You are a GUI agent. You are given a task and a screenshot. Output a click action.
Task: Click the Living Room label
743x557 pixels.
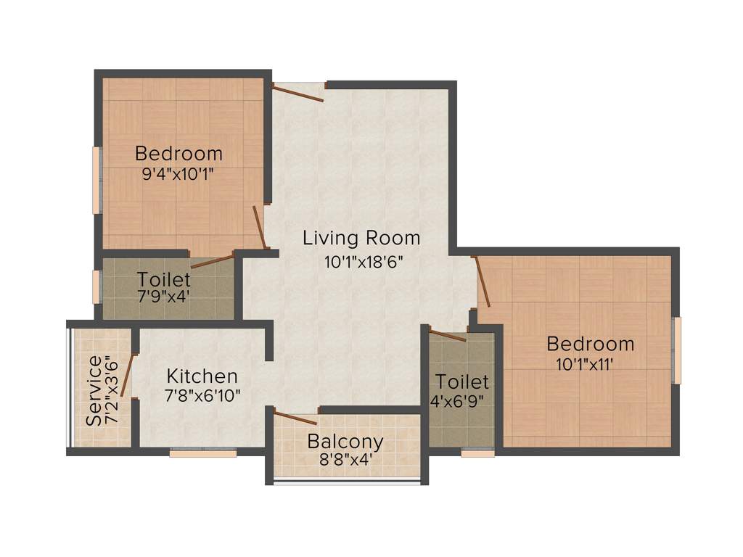point(361,238)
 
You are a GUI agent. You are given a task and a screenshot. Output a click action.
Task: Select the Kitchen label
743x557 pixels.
point(202,376)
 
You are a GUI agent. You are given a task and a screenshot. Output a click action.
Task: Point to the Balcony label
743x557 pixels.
point(345,441)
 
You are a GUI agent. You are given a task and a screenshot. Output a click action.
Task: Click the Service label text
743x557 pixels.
point(94,390)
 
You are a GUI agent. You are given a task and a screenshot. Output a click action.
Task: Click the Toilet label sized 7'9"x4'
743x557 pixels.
point(164,279)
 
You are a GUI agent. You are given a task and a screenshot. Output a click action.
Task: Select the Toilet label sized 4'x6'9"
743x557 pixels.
point(462,381)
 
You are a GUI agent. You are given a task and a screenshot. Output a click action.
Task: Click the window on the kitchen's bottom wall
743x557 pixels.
point(203,453)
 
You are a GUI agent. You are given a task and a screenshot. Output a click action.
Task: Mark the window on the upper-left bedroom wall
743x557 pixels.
point(97,180)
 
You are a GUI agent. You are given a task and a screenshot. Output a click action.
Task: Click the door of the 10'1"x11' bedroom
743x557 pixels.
point(482,282)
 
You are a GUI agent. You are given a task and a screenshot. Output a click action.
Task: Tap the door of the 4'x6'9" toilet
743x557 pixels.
point(447,335)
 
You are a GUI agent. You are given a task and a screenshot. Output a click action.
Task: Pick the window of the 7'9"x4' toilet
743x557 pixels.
point(97,286)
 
